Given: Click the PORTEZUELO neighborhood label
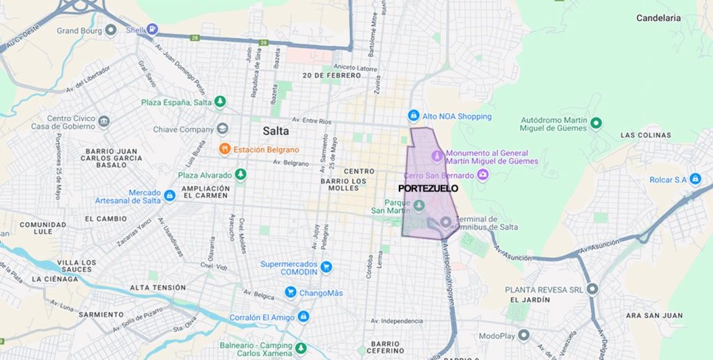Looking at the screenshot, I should (x=428, y=188).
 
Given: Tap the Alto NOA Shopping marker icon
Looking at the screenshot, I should (x=414, y=116).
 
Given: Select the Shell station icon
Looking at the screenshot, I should (x=152, y=29).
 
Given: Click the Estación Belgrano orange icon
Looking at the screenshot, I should (x=224, y=149).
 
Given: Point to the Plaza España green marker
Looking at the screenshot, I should (x=221, y=102).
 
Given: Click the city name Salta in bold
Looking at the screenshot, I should (x=276, y=131).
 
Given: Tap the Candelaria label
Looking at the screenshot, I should (x=658, y=18).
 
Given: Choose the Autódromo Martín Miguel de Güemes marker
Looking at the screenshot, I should (x=596, y=124).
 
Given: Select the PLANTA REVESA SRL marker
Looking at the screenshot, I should (x=593, y=289).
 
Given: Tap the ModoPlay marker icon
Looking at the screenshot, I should (x=524, y=336).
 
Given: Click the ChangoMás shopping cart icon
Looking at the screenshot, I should (x=290, y=292).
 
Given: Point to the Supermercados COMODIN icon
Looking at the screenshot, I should (x=326, y=266).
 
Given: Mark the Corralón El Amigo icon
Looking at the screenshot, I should (x=303, y=317).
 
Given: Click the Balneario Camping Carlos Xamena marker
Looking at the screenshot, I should (x=301, y=348).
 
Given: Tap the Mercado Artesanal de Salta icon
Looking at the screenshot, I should (x=169, y=196).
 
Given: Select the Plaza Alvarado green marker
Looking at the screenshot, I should (x=241, y=175).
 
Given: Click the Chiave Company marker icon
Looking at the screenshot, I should (x=222, y=129).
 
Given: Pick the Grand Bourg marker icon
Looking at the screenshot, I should (x=111, y=30).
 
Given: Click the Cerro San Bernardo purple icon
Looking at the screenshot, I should (x=483, y=175).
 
